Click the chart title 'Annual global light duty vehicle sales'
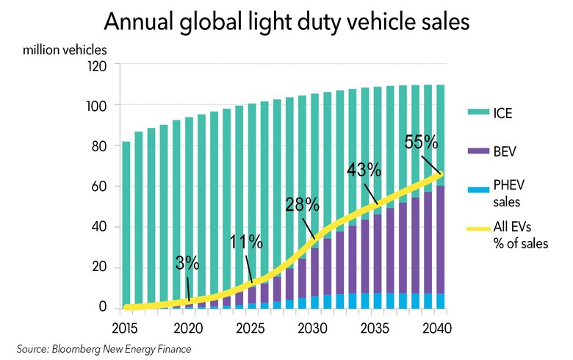point(286,21)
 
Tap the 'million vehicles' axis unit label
point(65,51)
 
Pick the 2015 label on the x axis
point(126,327)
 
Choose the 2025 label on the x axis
point(252,327)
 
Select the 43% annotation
point(364,170)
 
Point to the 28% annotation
point(301,204)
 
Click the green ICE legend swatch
point(475,113)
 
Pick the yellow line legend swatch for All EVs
point(475,229)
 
